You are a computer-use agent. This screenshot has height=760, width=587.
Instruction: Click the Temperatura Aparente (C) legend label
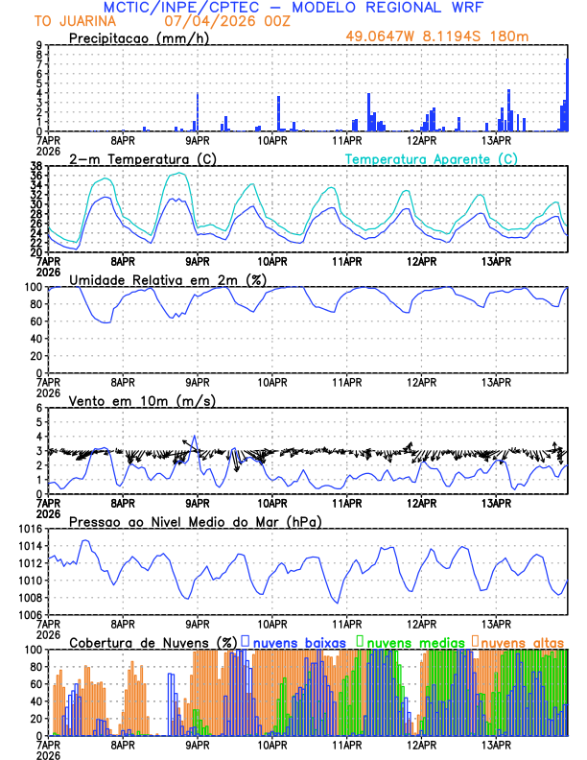coord(432,158)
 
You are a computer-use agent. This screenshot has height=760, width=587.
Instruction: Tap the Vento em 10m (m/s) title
coord(128,400)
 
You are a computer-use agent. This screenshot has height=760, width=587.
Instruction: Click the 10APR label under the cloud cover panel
coord(272,745)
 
